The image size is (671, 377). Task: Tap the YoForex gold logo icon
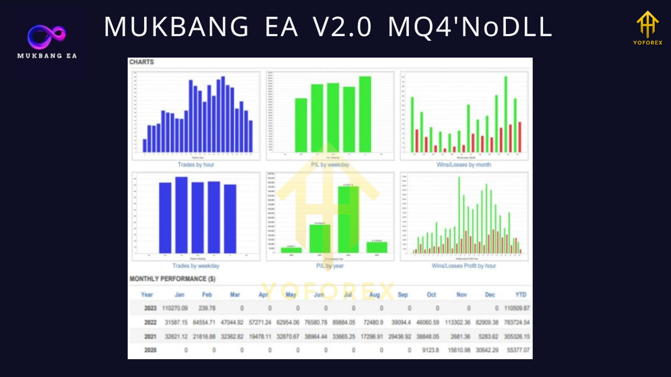647,25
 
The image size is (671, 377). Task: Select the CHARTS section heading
142,62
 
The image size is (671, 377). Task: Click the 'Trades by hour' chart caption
196,165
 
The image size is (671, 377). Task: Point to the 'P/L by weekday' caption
330,165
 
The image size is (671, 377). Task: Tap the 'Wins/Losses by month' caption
464,165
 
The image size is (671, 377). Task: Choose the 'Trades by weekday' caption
196,266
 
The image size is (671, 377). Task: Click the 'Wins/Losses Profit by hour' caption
464,266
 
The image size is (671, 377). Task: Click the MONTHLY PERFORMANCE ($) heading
172,279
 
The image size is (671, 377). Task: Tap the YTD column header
521,295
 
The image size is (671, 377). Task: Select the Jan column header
179,295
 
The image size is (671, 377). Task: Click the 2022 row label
150,322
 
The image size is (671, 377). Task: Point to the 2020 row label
150,350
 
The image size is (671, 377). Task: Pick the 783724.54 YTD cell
515,322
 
